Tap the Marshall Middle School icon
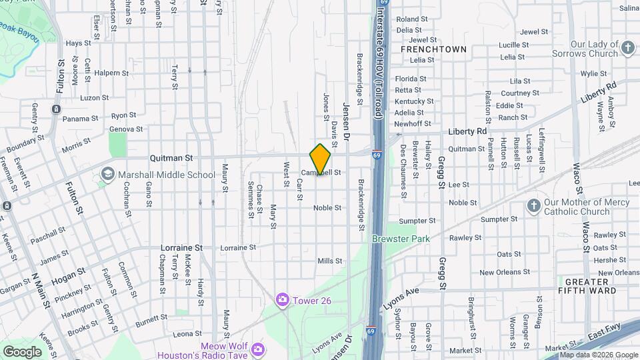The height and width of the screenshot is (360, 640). pos(107,175)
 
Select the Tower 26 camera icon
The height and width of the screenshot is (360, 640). pos(283,300)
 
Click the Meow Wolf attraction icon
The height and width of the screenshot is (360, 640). pos(257,348)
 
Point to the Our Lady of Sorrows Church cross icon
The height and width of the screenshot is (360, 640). pos(627,47)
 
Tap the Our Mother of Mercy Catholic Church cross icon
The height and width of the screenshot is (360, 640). pos(533,205)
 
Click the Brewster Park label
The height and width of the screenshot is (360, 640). pos(401,238)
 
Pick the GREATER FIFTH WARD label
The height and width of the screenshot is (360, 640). pos(586,286)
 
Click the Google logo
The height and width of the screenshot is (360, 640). pos(23,351)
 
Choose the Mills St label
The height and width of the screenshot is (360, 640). pos(330,261)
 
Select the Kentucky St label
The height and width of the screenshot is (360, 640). pos(414,101)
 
